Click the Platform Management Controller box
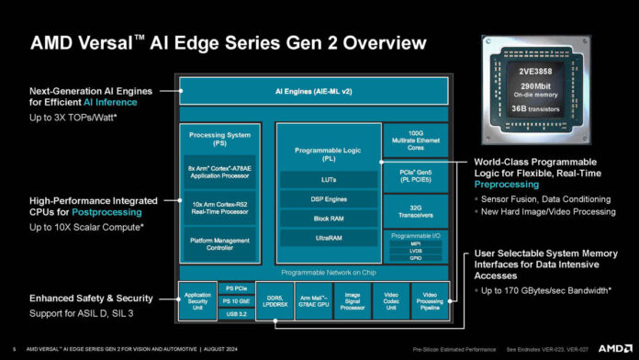click(219, 242)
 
